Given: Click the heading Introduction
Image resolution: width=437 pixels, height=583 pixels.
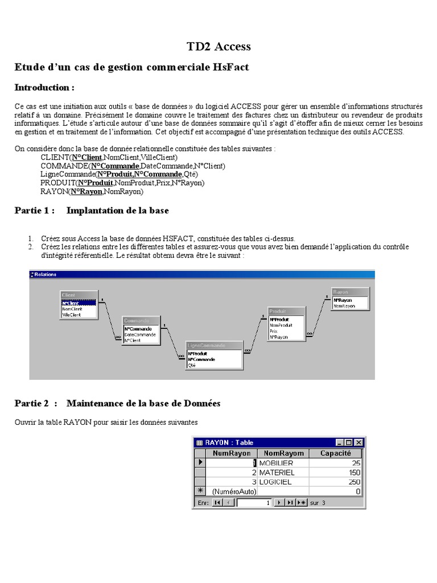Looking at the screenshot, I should [44, 88].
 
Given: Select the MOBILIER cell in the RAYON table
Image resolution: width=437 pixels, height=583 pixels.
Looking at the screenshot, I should [276, 463].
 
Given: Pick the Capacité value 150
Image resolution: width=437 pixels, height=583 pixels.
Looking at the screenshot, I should [355, 473].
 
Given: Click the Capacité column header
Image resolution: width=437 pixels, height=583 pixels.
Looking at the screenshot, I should [335, 454].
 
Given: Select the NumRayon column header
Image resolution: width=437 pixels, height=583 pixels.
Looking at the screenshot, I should [231, 454].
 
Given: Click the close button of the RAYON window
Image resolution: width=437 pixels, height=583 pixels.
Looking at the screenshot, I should [358, 442].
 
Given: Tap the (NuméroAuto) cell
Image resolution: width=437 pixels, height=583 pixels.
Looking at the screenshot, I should [234, 491].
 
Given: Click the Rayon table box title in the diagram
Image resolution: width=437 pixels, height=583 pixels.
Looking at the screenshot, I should [341, 292].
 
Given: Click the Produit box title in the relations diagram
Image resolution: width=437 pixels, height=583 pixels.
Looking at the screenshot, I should [278, 311].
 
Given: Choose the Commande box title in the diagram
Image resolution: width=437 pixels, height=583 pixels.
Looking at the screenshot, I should [136, 321].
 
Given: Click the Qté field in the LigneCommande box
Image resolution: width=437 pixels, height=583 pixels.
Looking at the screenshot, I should [192, 366].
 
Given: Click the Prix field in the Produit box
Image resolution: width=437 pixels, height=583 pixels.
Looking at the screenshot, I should [274, 331].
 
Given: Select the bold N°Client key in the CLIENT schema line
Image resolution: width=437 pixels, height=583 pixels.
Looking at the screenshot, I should [86, 157].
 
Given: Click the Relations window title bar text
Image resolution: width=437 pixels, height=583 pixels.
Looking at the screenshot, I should [46, 274].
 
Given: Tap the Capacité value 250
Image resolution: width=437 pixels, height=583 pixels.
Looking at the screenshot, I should [355, 482].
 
